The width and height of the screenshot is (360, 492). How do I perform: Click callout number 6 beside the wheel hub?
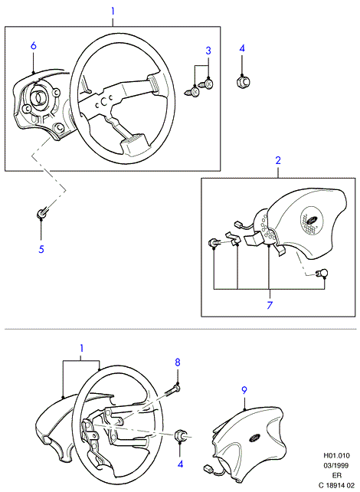click(34, 46)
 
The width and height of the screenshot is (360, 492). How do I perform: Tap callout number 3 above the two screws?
click(208, 51)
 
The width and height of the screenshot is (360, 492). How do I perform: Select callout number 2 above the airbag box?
click(278, 161)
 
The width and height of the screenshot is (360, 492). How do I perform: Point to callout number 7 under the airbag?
click(270, 305)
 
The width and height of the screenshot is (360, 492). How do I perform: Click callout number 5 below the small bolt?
click(41, 250)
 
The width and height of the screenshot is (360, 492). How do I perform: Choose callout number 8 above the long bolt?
click(178, 362)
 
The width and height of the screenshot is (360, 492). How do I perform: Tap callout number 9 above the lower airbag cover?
click(244, 390)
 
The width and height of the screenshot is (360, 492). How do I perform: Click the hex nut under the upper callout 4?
click(242, 82)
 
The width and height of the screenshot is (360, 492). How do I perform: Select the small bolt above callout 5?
click(41, 213)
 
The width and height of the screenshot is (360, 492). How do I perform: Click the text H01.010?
click(336, 455)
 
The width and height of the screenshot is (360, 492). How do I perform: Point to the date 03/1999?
click(337, 465)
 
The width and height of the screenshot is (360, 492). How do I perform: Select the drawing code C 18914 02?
click(336, 485)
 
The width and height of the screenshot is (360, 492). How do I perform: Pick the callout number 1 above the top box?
click(113, 11)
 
